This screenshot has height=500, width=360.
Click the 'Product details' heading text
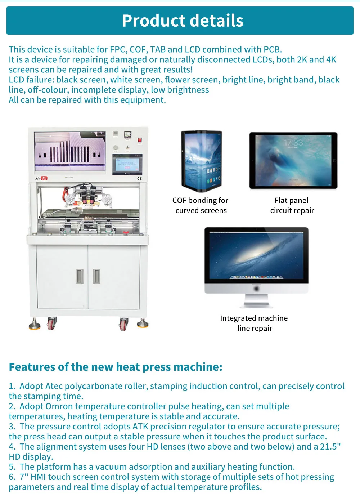click(183, 21)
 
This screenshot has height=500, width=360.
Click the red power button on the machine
click(140, 140)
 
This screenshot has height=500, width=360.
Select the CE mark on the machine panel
click(139, 178)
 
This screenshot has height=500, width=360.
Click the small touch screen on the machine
click(127, 165)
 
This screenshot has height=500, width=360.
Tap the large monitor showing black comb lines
click(70, 151)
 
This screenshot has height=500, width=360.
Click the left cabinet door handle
click(80, 276)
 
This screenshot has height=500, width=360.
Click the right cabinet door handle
click(96, 276)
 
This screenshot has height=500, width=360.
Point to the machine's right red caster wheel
click(124, 324)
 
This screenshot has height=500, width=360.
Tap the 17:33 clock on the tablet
click(293, 142)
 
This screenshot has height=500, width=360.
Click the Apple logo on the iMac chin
click(256, 289)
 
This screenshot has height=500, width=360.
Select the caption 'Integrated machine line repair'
click(254, 323)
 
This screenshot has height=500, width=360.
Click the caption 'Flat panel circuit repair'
click(292, 205)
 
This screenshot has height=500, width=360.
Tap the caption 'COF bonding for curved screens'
click(200, 205)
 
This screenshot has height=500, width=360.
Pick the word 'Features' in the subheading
click(32, 367)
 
